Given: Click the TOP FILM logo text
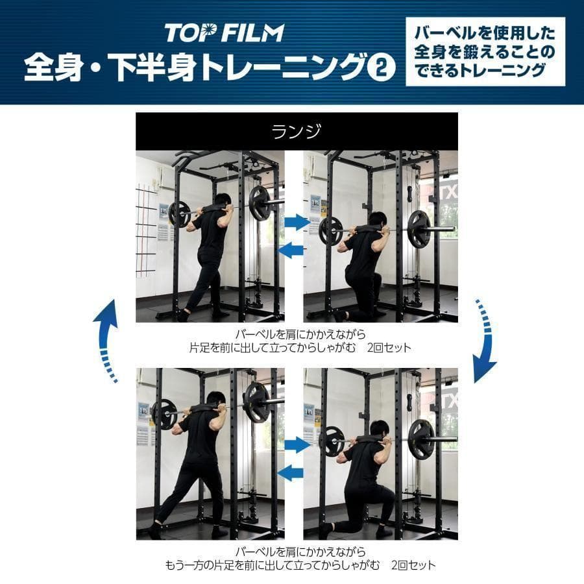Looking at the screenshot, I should click(x=224, y=32).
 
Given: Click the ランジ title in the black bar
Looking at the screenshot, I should click(x=296, y=132).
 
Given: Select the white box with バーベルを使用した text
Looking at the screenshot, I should click(x=485, y=52).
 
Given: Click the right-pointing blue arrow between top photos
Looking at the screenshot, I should click(x=298, y=223).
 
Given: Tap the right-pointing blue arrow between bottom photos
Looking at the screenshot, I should click(x=298, y=445).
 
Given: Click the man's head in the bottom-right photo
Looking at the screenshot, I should click(x=380, y=430).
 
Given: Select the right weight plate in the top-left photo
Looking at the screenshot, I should click(x=260, y=203).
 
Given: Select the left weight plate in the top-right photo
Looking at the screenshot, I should click(x=330, y=230).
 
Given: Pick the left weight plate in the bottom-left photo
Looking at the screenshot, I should click(x=164, y=413).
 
